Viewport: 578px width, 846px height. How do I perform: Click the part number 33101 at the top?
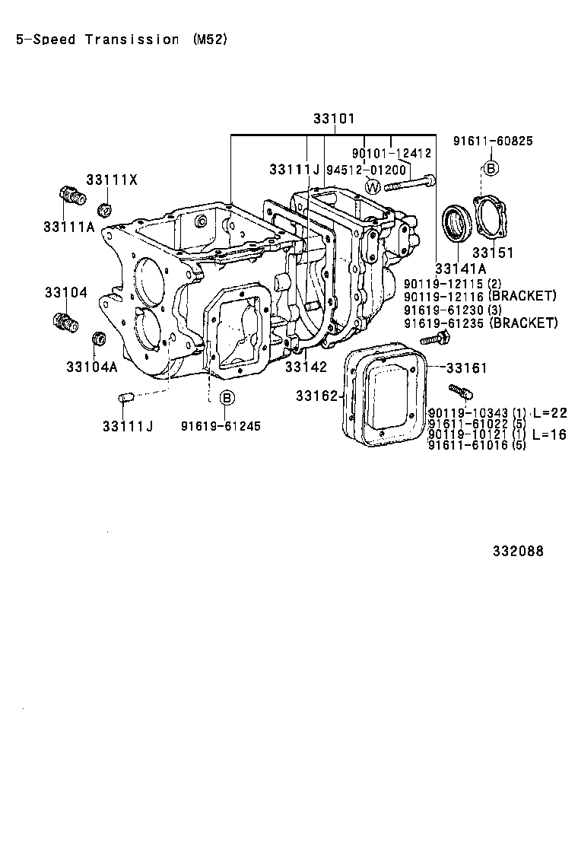point(334,119)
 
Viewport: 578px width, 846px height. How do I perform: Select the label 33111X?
point(112,180)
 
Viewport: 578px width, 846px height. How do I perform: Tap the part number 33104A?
point(91,367)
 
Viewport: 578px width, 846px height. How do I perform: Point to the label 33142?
point(306,367)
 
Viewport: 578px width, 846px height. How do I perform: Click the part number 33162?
point(316,396)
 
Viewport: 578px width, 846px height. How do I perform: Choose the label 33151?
point(492,253)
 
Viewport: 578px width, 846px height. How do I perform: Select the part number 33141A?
point(461,269)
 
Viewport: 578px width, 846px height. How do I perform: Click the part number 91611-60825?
point(493,141)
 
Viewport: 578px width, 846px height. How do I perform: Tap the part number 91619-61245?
point(221,426)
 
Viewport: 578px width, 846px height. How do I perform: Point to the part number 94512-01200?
point(367,170)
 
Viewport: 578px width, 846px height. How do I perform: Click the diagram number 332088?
point(517,552)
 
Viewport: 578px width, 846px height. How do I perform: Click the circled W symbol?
point(373,186)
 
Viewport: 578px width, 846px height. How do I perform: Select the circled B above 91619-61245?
point(226,398)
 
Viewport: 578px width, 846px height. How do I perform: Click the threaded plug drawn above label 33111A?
point(71,196)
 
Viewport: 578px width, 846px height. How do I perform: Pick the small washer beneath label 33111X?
point(106,209)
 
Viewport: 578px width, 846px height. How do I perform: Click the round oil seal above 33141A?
point(457,222)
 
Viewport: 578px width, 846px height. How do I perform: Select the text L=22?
point(550,412)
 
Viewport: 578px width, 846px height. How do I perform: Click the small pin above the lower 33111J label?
point(127,396)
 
